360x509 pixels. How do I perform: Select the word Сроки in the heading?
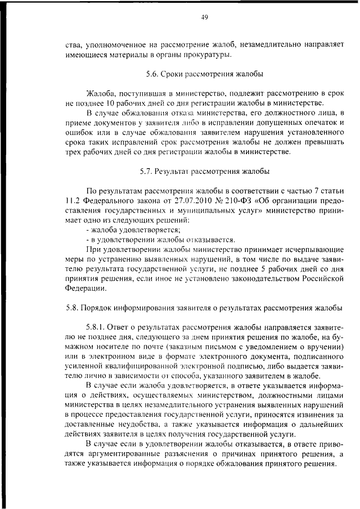coord(173,74)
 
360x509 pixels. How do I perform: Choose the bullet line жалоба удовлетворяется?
coord(133,229)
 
